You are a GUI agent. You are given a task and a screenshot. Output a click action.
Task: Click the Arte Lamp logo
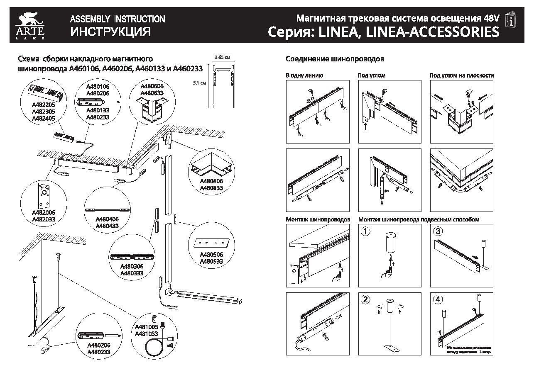click(30, 25)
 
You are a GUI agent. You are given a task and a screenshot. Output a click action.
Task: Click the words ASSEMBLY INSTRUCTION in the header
click(118, 19)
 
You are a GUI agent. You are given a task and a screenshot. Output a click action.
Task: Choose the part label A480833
click(211, 188)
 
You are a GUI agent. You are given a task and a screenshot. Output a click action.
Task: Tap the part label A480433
click(107, 226)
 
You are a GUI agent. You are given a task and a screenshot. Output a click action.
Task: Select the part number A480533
click(211, 261)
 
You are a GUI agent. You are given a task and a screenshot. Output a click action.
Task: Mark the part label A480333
click(132, 273)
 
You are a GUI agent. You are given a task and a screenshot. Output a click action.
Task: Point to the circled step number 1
click(365, 231)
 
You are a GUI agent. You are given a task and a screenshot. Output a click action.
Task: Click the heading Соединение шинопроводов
click(335, 59)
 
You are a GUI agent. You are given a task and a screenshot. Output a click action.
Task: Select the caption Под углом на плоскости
click(461, 75)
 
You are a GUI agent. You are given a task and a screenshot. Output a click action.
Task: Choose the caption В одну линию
click(304, 75)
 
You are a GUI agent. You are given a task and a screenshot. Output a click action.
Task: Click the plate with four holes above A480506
click(211, 241)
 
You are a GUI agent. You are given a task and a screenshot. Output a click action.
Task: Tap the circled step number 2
click(365, 299)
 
